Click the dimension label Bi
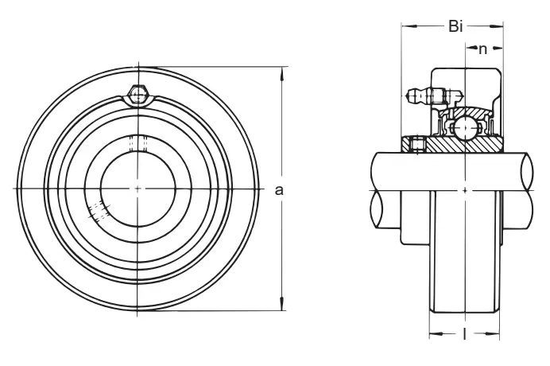(455, 26)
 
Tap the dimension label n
(483, 49)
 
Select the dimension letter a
(278, 190)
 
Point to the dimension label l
(464, 334)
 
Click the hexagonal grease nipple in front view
(137, 95)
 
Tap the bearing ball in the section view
(465, 129)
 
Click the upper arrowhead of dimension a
(281, 75)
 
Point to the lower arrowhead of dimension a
(281, 303)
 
